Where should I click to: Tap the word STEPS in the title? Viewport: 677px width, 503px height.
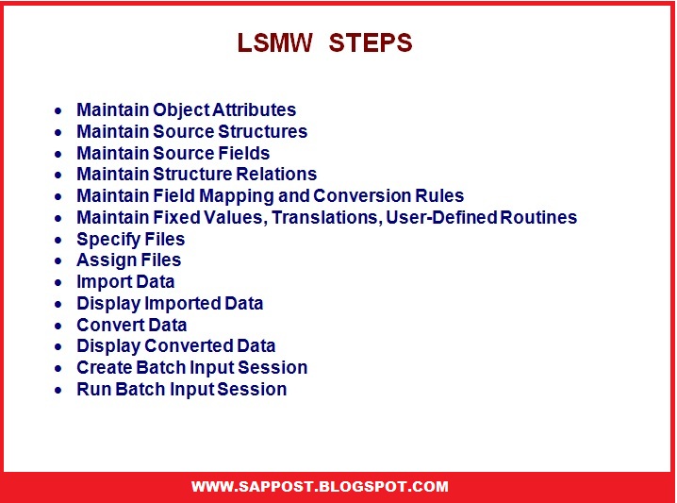(371, 44)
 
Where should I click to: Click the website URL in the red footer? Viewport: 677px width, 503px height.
(320, 487)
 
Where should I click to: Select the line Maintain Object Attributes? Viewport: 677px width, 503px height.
(186, 110)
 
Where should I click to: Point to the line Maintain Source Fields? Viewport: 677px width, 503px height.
(173, 153)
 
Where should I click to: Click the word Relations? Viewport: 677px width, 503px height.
(281, 175)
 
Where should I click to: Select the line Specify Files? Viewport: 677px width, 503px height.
(130, 239)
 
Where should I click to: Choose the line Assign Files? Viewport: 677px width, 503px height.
(128, 260)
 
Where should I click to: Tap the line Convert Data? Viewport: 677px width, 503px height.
(131, 325)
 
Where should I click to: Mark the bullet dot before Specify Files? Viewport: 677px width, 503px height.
(59, 240)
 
